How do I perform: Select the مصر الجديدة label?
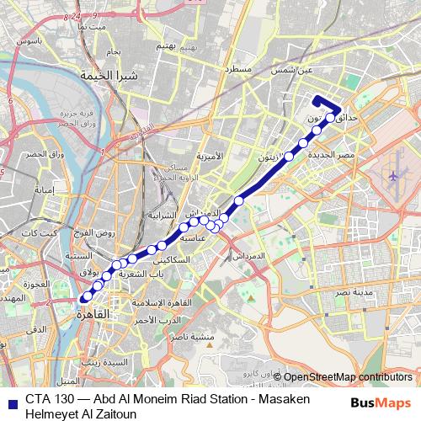pos(331,156)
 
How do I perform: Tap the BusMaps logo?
pos(381,403)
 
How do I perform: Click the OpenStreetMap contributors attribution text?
pos(348,377)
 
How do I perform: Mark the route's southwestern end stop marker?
pos(85,296)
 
